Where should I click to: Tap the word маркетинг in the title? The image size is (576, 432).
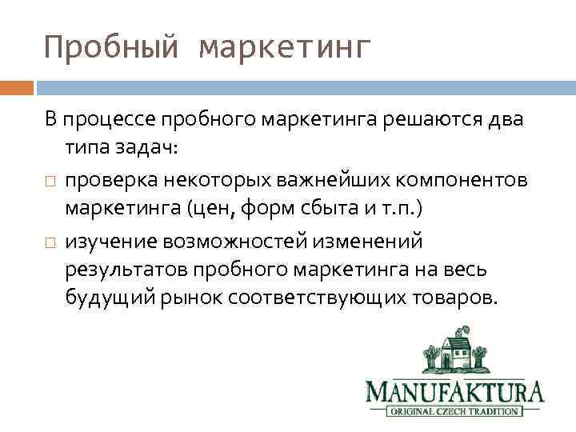(x=285, y=48)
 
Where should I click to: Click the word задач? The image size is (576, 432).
(x=158, y=150)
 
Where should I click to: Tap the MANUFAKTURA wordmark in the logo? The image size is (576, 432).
(x=455, y=391)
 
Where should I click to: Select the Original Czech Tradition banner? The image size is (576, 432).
(x=455, y=412)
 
